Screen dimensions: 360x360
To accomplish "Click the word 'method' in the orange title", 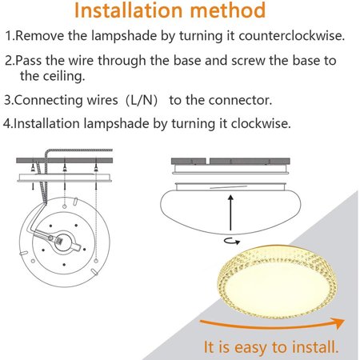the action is click(x=228, y=10).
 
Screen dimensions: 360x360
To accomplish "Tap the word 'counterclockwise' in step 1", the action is click(x=291, y=35).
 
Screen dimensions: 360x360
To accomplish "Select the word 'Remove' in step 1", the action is click(x=39, y=35).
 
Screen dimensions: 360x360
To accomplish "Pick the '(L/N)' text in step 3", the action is click(x=142, y=100).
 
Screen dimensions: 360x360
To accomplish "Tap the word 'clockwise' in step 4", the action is click(x=261, y=123).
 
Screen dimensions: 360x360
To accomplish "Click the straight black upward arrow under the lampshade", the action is click(x=230, y=213).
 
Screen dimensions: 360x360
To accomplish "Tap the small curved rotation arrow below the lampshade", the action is click(x=232, y=241).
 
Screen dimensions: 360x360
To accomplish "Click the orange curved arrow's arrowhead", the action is click(x=338, y=323).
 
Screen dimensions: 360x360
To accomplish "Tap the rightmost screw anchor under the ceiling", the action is click(x=96, y=167).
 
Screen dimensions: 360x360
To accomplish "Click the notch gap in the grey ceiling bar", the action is click(x=207, y=161).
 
